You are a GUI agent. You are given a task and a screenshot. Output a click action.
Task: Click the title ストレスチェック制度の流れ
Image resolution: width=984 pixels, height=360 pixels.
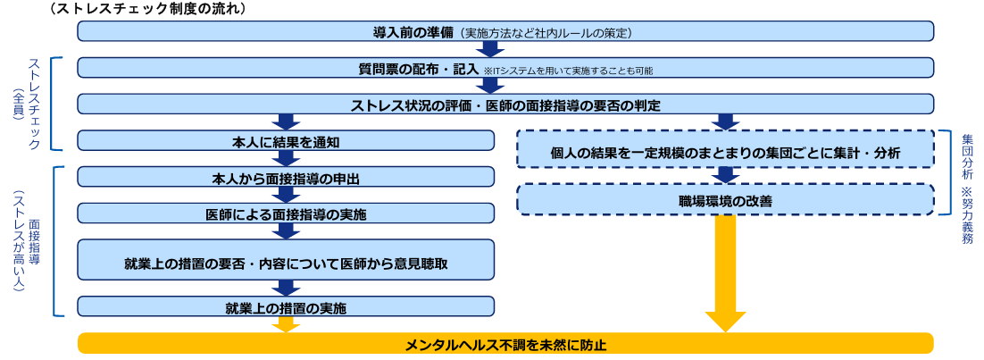point(148,9)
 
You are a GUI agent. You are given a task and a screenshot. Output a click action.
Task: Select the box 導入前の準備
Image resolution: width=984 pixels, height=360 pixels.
point(505,31)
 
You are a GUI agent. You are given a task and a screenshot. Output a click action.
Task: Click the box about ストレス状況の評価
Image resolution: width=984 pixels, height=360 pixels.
point(505,105)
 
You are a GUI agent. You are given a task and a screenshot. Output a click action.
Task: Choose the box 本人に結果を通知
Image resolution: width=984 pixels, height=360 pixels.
point(286,140)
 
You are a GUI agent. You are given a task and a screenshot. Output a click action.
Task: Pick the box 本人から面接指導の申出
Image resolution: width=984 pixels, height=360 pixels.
point(286,178)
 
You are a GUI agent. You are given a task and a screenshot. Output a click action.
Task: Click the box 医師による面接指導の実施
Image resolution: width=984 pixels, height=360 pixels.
point(286,213)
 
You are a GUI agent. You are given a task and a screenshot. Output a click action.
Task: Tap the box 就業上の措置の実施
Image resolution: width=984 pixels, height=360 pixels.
point(286,307)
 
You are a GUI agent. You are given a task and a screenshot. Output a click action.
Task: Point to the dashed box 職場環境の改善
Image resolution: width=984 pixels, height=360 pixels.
point(725,200)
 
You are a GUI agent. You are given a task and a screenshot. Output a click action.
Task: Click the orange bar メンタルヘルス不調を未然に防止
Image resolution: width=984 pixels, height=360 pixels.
point(505,344)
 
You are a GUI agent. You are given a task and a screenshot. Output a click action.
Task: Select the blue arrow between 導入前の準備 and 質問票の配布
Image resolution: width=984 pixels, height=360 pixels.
point(491,49)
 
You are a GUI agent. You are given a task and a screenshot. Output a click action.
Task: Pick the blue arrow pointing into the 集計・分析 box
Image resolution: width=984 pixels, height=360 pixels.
point(725,121)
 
